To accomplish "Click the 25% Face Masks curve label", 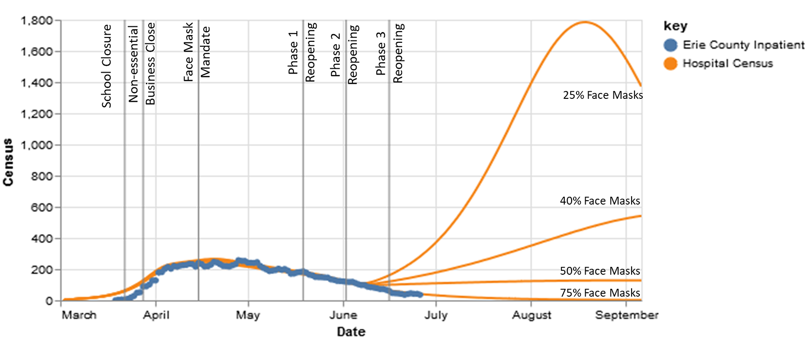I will point(603,95).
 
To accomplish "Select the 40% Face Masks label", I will point(600,201).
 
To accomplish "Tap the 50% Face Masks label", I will point(600,271).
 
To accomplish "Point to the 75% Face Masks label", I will point(600,293).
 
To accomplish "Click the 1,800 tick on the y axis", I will point(37,21).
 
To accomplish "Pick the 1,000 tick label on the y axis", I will point(37,145).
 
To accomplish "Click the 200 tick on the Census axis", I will point(42,270).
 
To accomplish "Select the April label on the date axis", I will point(156,315).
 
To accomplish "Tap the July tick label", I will point(436,315).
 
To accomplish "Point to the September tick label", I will point(627,315).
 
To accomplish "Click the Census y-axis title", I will point(8,162).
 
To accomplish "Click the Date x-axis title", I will point(351,332).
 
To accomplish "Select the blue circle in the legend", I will point(671,45).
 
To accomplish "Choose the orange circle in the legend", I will point(671,64).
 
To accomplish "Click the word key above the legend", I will point(675,26).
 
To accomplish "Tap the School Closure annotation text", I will point(107,66).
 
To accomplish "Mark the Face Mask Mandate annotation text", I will point(197,51).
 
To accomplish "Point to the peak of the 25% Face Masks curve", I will point(584,22).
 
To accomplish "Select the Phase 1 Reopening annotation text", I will point(302,52).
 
